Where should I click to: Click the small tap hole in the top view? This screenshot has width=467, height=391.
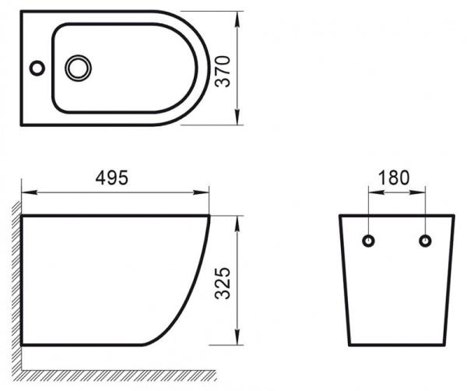point(37,69)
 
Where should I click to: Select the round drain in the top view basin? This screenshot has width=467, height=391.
point(78,68)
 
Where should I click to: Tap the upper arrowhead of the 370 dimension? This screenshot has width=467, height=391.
point(235,16)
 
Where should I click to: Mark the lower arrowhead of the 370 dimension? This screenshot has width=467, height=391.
point(235,121)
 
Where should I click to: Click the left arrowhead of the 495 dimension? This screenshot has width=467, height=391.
point(26,190)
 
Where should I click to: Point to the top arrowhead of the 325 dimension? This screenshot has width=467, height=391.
point(236,218)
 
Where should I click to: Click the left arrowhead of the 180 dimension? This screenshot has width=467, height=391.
point(372,190)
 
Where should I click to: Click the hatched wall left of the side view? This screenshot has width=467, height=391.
point(16,280)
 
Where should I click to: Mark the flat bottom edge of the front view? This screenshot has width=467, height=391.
point(396,345)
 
